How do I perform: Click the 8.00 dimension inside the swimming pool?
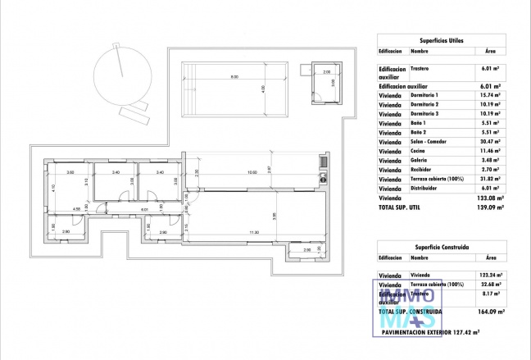point(234,77)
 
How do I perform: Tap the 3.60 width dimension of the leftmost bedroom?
point(70,172)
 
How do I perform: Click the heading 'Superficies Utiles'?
point(440,39)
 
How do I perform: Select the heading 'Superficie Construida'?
point(442,245)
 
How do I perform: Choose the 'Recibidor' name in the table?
point(423,169)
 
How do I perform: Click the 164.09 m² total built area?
point(490,312)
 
